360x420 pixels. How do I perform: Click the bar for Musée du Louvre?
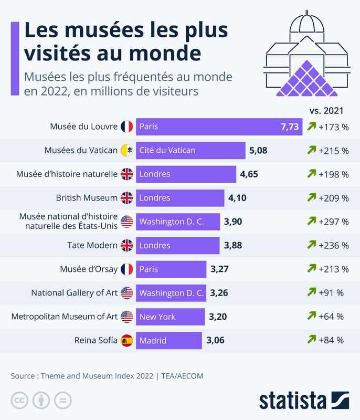(x=219, y=127)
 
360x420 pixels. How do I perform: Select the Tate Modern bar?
(x=178, y=245)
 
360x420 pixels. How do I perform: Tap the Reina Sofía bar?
(x=169, y=340)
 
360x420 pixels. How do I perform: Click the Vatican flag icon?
(x=126, y=150)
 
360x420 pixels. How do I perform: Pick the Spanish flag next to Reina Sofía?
(x=126, y=340)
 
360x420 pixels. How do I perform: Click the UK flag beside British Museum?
(x=126, y=198)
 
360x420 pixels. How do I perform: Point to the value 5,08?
(x=258, y=151)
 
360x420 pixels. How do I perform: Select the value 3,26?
(x=219, y=293)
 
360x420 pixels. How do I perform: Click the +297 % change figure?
(x=334, y=222)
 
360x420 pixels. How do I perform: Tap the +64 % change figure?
(x=331, y=317)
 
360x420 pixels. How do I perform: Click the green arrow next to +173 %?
(x=312, y=126)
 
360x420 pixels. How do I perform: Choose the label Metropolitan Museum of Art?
(x=65, y=317)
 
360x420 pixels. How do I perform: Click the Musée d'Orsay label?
(x=89, y=269)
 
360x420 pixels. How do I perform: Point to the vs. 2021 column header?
(x=326, y=111)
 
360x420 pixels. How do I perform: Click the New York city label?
(x=157, y=317)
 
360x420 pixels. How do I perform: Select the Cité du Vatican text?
(x=167, y=150)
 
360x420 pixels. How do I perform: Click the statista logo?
(x=304, y=401)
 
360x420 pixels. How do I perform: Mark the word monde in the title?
(x=165, y=54)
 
